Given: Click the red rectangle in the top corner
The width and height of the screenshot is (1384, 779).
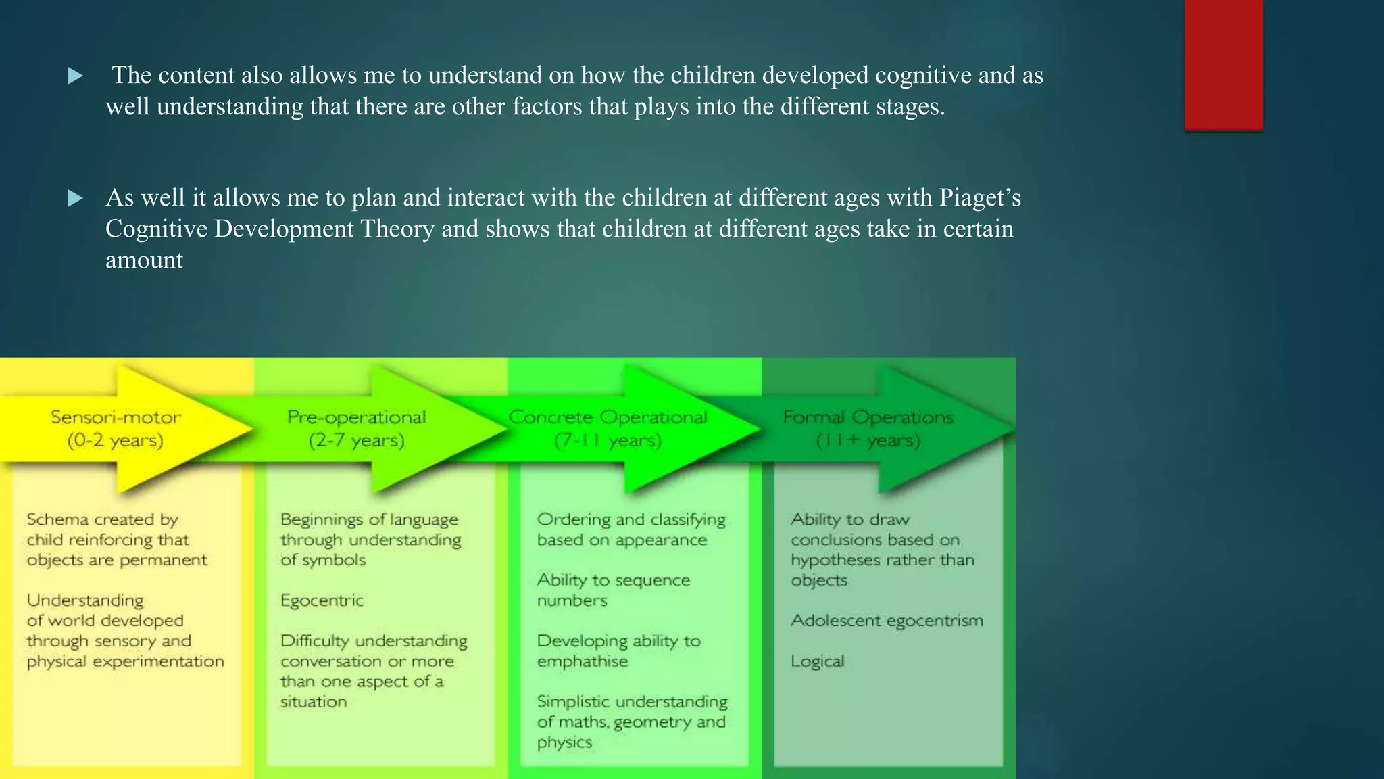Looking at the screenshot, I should [1223, 64].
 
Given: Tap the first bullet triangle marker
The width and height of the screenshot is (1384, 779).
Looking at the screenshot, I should [76, 76].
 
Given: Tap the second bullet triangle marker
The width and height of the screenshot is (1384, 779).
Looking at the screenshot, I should [76, 198].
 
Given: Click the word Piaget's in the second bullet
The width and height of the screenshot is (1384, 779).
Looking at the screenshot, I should [979, 197].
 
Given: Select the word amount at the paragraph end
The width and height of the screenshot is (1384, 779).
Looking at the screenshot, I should [144, 260].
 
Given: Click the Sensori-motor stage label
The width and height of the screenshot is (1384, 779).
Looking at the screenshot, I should [116, 417].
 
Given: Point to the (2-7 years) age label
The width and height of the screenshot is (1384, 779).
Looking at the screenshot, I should [356, 441].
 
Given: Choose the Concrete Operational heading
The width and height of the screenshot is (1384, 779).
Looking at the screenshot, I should [608, 417].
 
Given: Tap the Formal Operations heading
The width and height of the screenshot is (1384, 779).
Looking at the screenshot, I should [868, 417].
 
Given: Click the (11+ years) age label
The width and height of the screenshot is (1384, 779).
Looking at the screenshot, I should [868, 441].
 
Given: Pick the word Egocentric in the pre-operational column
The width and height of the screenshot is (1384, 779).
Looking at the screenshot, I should [322, 600].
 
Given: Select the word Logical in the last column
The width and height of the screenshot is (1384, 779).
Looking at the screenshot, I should [817, 661].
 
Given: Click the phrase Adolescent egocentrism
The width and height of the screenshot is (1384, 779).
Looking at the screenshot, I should [887, 621].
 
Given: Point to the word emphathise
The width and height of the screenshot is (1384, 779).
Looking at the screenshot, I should [582, 661].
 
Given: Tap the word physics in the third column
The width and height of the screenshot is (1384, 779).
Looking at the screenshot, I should [564, 742].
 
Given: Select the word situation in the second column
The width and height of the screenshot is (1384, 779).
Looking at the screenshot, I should [313, 702].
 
